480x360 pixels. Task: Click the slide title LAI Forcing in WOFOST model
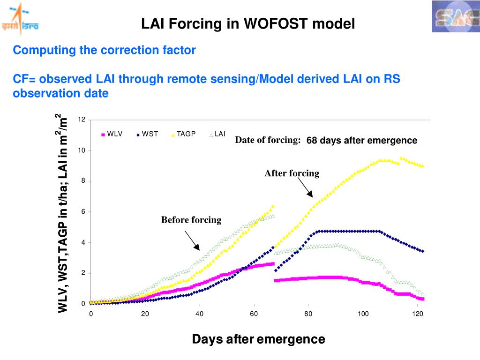248,23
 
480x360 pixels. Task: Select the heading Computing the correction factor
104,50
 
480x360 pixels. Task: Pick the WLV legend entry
112,134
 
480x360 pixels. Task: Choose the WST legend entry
148,134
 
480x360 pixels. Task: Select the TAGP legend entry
184,134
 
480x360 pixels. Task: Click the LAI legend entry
218,134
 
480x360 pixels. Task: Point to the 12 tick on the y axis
82,120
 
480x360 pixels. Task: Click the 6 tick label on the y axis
83,211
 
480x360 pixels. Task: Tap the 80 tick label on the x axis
308,314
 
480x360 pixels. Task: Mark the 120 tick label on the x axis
417,314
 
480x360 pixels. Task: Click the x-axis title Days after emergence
258,339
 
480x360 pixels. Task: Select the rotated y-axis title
62,213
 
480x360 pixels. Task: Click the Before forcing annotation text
191,220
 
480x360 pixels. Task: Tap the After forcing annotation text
292,173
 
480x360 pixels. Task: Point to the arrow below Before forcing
192,240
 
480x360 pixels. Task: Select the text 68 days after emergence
361,141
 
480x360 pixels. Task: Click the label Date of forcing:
268,140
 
